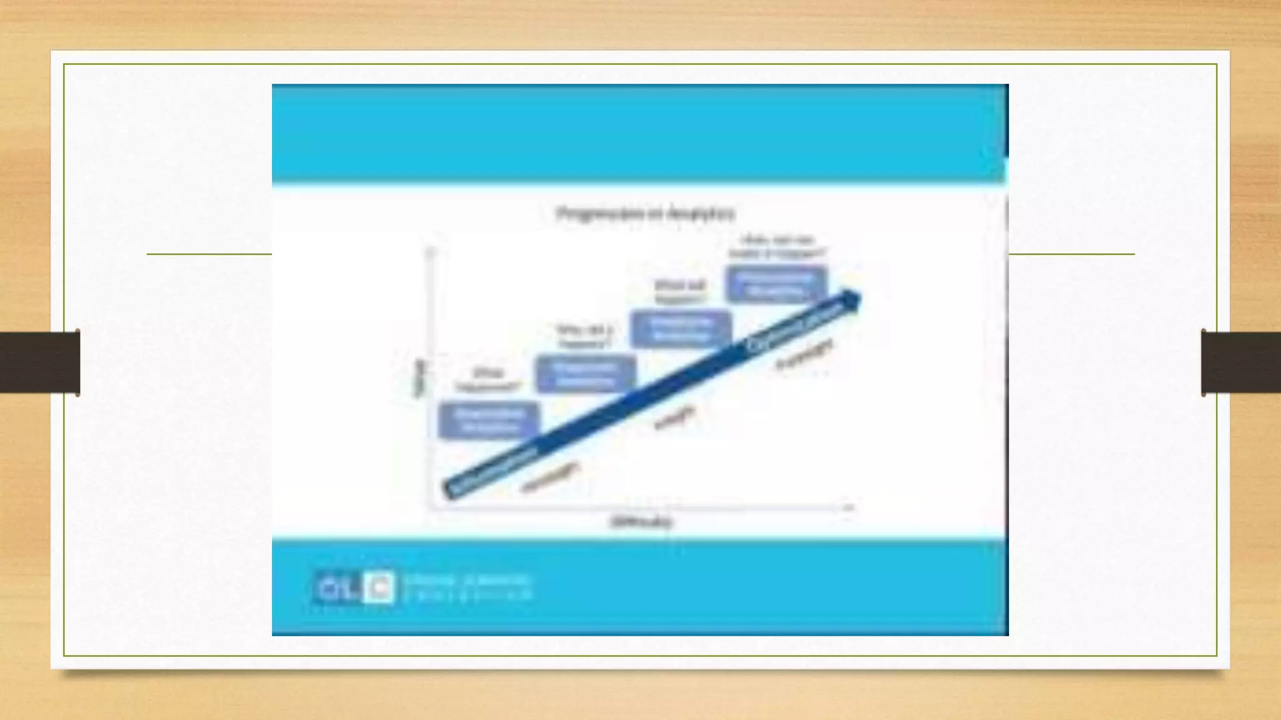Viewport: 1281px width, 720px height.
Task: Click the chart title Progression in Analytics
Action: [646, 214]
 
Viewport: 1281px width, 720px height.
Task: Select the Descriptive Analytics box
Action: [489, 421]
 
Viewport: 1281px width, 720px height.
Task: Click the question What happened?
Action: [489, 379]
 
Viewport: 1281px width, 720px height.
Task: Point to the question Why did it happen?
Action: [585, 336]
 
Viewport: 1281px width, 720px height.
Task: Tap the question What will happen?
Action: [680, 291]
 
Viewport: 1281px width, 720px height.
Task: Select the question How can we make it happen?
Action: [777, 246]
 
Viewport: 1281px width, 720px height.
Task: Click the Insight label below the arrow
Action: [674, 417]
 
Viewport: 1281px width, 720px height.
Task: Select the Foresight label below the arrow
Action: [804, 354]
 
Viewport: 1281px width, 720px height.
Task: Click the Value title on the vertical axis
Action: [420, 377]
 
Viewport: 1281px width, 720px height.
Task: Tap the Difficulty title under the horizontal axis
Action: [641, 522]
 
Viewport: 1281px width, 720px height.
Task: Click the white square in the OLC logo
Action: [379, 587]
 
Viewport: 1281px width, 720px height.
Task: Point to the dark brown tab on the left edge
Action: [39, 362]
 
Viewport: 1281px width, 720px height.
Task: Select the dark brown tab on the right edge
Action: [1241, 362]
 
